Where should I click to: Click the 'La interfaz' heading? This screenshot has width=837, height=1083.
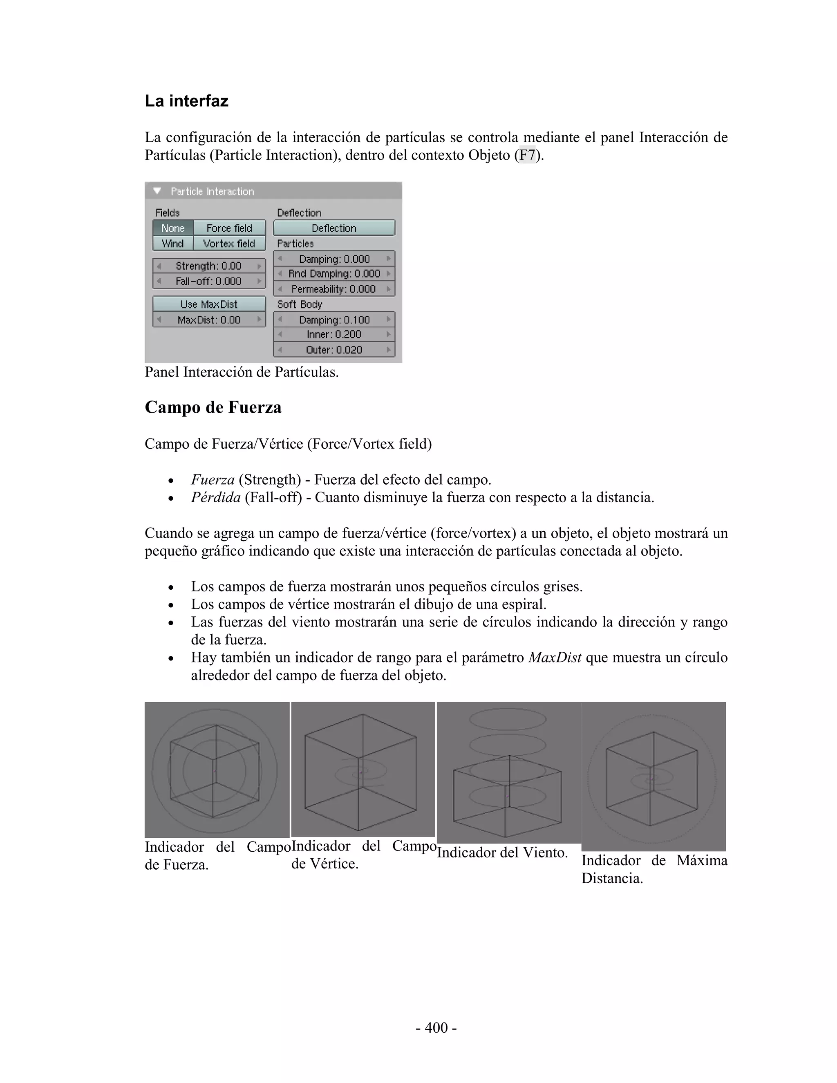pos(186,101)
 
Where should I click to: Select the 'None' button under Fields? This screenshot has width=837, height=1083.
pos(172,228)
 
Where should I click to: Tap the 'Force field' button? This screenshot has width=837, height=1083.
pos(229,228)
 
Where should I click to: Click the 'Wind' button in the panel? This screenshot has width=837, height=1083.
pos(172,244)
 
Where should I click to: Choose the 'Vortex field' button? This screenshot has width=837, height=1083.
pos(229,244)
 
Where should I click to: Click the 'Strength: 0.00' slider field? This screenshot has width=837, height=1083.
pos(209,266)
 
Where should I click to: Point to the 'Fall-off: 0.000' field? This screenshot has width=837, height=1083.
pos(209,281)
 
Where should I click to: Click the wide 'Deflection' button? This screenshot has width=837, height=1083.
pos(334,228)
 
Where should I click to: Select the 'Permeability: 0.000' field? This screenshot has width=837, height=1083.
pos(334,289)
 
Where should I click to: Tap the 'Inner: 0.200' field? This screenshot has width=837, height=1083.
pos(334,334)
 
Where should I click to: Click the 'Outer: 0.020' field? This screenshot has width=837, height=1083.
pos(334,349)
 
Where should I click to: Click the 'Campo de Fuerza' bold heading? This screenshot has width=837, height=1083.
pos(213,407)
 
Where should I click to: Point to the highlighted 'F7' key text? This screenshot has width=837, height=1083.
pos(527,155)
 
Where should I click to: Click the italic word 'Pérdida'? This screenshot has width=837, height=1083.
pos(216,497)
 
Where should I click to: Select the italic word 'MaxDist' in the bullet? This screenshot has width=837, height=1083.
pos(554,658)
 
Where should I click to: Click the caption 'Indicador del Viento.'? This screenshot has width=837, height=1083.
pos(502,853)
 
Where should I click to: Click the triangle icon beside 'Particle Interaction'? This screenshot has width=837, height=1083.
pos(158,191)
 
